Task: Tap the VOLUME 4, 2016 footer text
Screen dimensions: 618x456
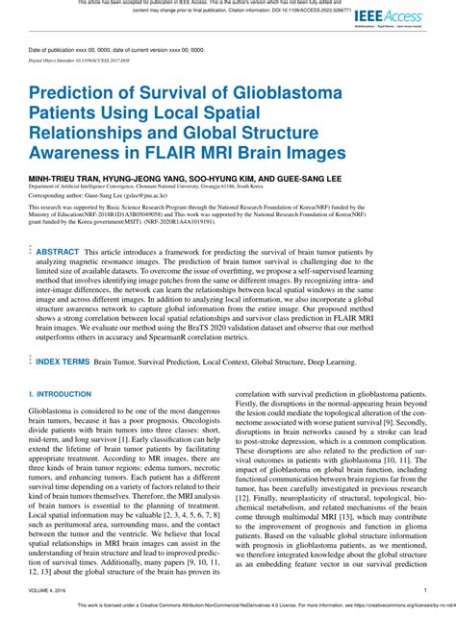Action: point(48,590)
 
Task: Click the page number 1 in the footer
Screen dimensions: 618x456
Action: point(425,590)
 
